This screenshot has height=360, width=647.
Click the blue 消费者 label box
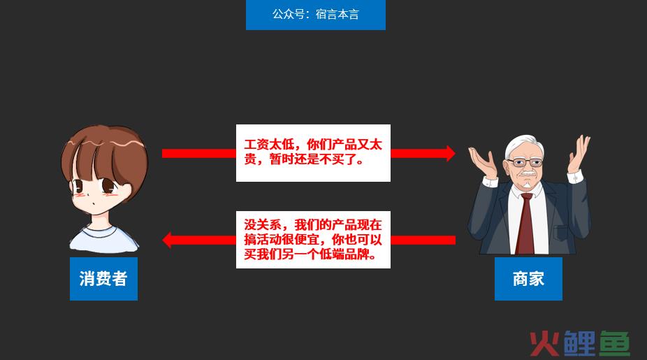pyautogui.click(x=103, y=279)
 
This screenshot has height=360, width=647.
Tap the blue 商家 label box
pyautogui.click(x=528, y=279)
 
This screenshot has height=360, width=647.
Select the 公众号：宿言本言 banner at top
pyautogui.click(x=316, y=15)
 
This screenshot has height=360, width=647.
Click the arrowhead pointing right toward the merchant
pyautogui.click(x=450, y=153)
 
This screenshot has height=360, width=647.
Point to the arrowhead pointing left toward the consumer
pyautogui.click(x=167, y=240)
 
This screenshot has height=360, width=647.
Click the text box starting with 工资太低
pyautogui.click(x=313, y=153)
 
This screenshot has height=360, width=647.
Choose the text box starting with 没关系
pyautogui.click(x=313, y=240)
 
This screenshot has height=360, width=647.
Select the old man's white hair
pyautogui.click(x=523, y=145)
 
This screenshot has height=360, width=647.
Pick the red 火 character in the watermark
pyautogui.click(x=544, y=343)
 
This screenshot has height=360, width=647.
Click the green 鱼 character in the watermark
pyautogui.click(x=614, y=343)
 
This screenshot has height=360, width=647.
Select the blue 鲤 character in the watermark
pyautogui.click(x=579, y=343)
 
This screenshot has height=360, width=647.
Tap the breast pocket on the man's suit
pyautogui.click(x=561, y=233)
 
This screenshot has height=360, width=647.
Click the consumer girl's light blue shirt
pyautogui.click(x=104, y=240)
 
